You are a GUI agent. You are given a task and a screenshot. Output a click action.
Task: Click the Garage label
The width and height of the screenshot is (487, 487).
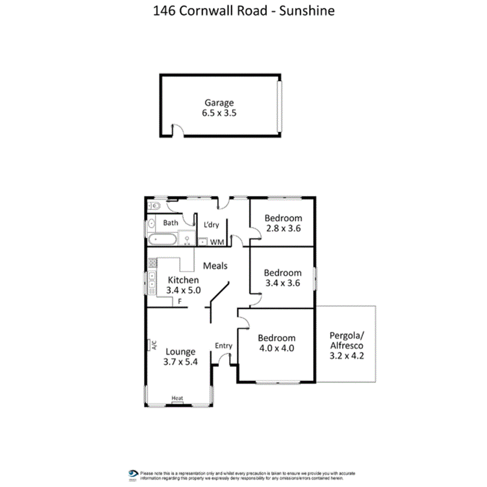pos(219,103)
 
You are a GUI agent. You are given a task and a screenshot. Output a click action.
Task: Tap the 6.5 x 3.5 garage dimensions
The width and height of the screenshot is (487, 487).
pos(219,112)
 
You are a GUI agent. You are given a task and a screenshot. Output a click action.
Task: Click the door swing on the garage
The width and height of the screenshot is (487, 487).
pos(178,131)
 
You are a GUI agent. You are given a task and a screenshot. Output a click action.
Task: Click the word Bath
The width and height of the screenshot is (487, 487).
pos(170,223)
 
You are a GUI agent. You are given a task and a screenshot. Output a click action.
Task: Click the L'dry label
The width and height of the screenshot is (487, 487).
pos(211,225)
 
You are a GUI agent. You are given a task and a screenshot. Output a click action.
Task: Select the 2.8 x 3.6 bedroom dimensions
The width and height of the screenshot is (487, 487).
pos(283,228)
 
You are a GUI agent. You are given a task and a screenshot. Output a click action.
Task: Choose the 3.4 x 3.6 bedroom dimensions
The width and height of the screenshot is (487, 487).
pos(283,283)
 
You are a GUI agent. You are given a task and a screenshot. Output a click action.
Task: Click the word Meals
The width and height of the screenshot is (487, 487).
pos(215,266)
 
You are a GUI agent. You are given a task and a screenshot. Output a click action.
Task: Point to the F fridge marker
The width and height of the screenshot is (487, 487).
pos(180,301)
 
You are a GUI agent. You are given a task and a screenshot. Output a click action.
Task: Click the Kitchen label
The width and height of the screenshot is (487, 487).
pos(183,280)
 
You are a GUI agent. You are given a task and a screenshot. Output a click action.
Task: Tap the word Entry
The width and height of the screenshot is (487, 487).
pos(224,346)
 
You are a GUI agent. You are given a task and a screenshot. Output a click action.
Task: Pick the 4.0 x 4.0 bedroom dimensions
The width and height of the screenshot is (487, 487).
pos(276,347)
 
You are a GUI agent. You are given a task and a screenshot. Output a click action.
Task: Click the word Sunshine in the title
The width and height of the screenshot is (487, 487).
pos(307,11)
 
